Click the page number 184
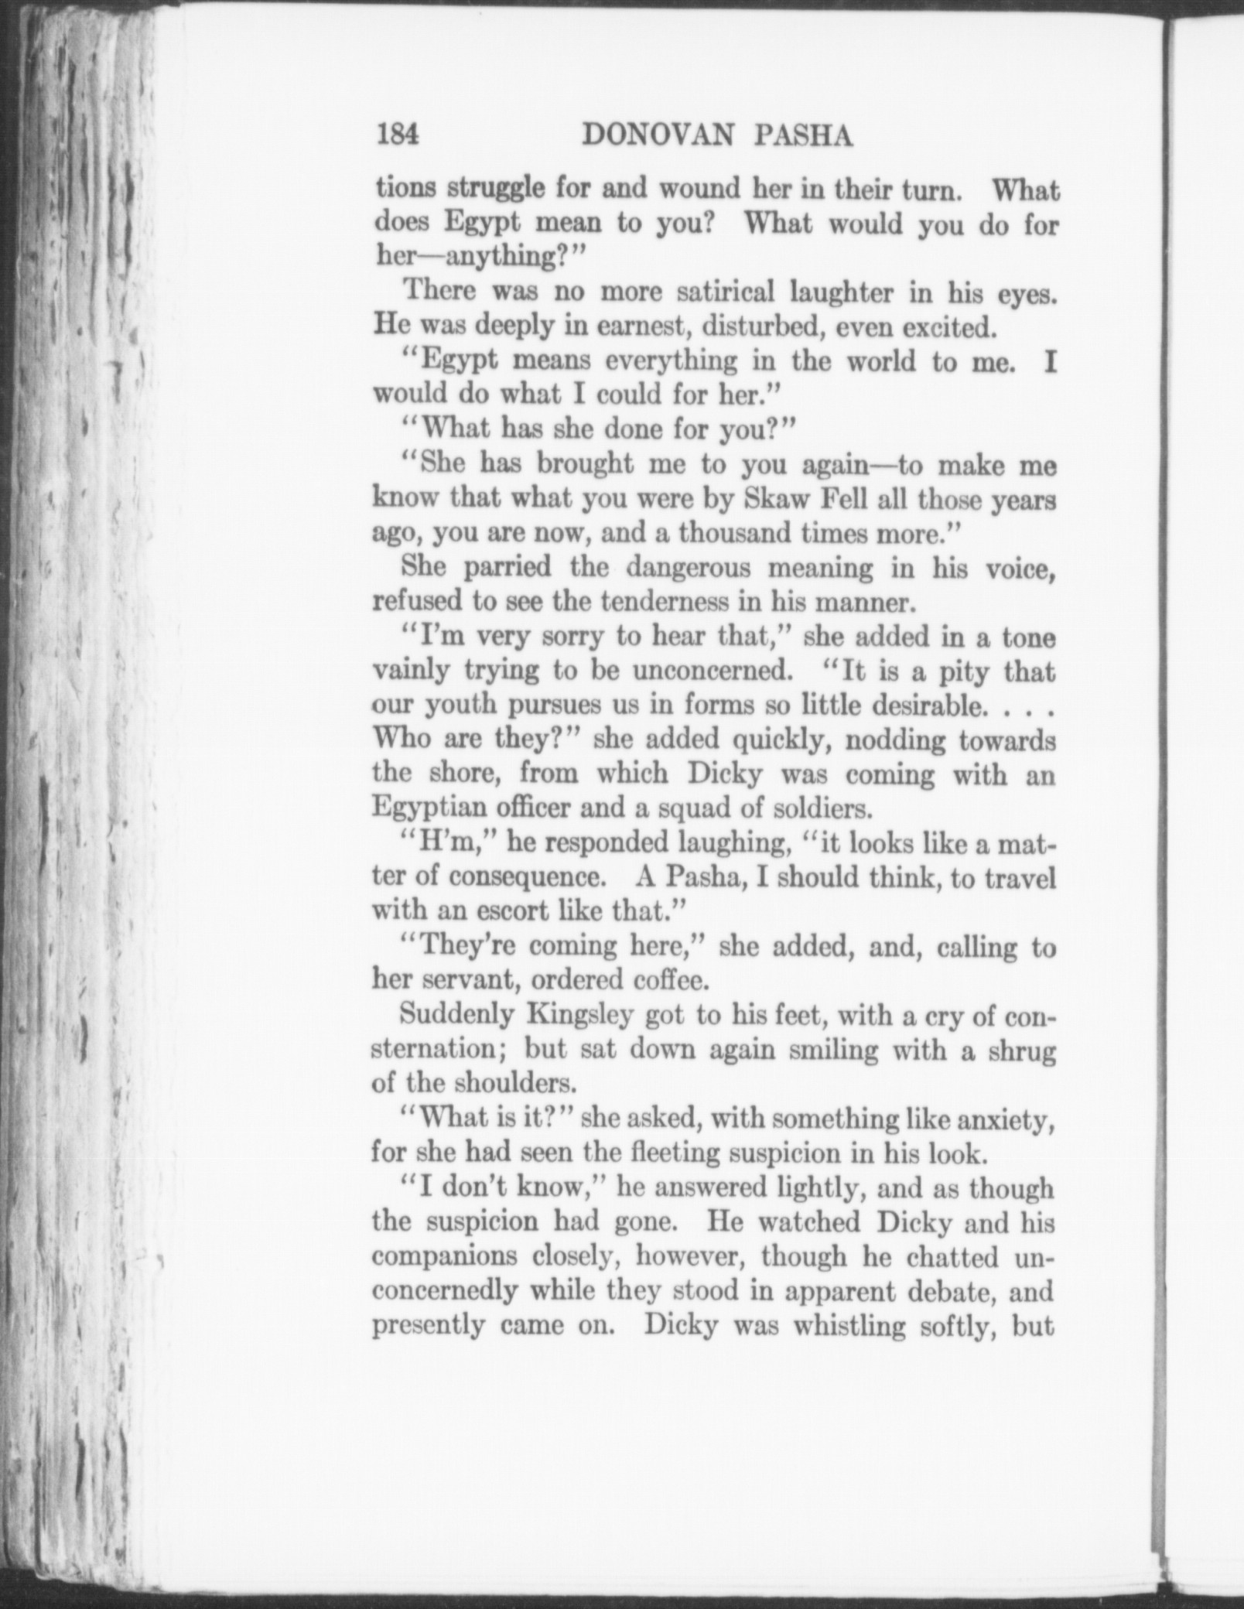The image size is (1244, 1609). [398, 135]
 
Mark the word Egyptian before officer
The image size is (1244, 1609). [428, 808]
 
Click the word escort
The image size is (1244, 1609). [502, 911]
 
